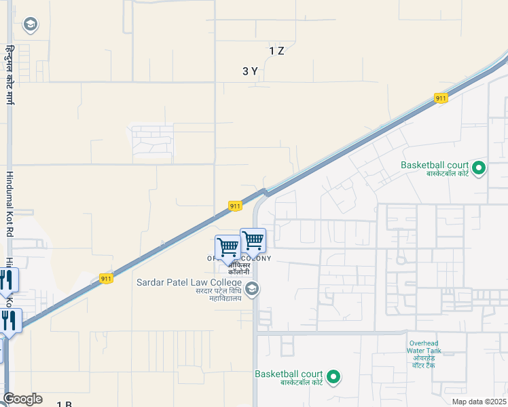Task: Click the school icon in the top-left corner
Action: pyautogui.click(x=29, y=25)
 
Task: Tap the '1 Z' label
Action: pyautogui.click(x=276, y=51)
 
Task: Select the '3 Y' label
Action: pyautogui.click(x=250, y=71)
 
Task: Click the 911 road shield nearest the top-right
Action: pyautogui.click(x=441, y=98)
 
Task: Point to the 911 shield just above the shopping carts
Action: pyautogui.click(x=235, y=206)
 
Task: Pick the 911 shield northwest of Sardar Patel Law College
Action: pyautogui.click(x=106, y=279)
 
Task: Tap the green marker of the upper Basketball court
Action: pyautogui.click(x=478, y=167)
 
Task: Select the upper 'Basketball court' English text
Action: pyautogui.click(x=435, y=165)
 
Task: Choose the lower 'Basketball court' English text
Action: pyautogui.click(x=289, y=374)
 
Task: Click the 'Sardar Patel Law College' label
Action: pyautogui.click(x=189, y=282)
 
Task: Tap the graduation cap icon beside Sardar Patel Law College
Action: pyautogui.click(x=252, y=290)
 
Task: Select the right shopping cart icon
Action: pyautogui.click(x=253, y=239)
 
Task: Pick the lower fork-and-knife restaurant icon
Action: pyautogui.click(x=10, y=319)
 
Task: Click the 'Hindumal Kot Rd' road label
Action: pyautogui.click(x=10, y=204)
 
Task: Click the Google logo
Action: pyautogui.click(x=22, y=399)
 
